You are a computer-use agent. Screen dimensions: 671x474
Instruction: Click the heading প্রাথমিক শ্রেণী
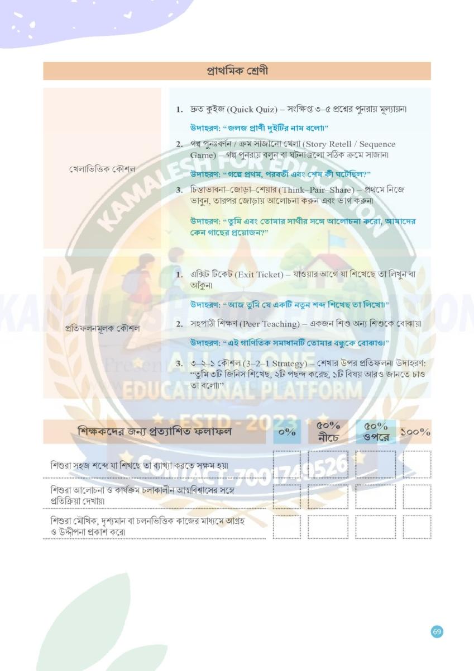click(x=237, y=71)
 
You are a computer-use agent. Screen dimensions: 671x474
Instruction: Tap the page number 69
click(x=437, y=631)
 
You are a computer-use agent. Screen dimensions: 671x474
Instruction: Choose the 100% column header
click(x=416, y=432)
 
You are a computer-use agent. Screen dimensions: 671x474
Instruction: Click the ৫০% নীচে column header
click(x=328, y=432)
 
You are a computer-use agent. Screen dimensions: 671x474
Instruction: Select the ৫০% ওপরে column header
click(x=376, y=432)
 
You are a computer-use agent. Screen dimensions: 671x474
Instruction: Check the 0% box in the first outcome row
click(x=286, y=464)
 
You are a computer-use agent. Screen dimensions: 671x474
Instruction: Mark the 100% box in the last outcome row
click(x=416, y=527)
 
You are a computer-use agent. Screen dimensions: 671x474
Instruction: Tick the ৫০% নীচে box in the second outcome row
click(x=328, y=496)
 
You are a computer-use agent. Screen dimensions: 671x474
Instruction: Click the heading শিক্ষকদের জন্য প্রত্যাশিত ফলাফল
click(x=155, y=432)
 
